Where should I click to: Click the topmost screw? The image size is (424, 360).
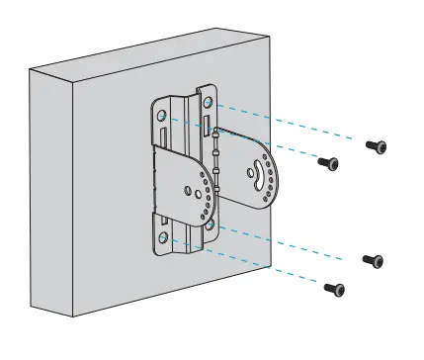[376, 145]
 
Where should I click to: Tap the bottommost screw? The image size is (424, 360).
[335, 289]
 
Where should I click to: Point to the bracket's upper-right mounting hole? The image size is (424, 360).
[210, 103]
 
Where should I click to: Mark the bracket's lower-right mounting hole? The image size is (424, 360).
[210, 224]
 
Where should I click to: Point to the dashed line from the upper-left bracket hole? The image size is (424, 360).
[247, 139]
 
